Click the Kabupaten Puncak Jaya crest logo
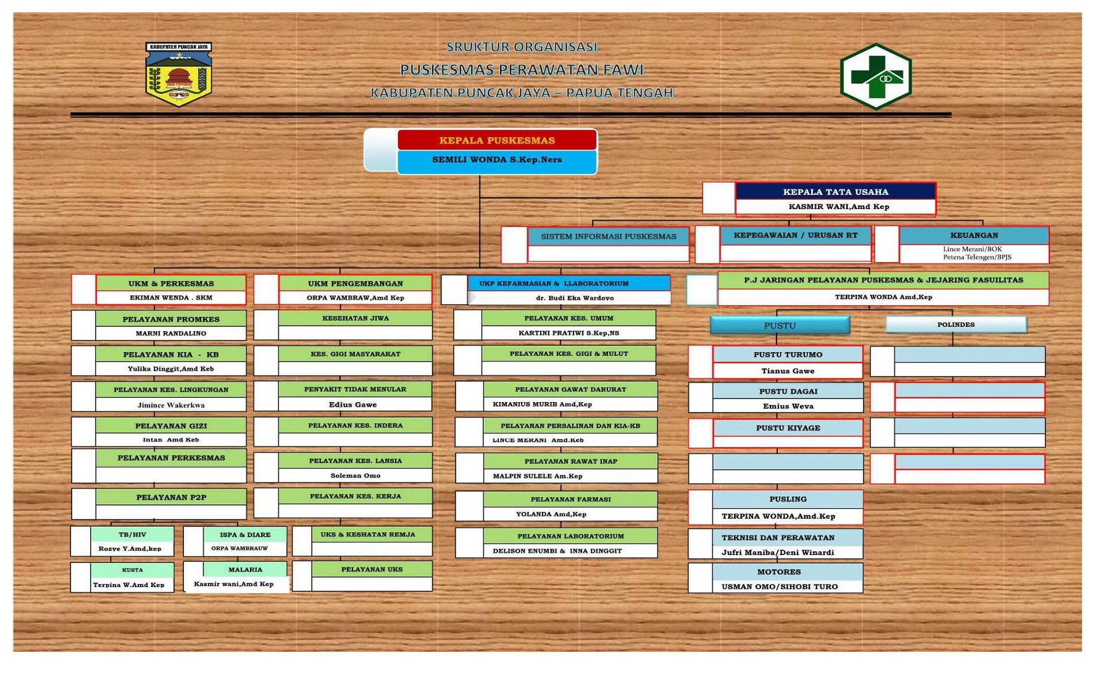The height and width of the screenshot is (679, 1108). (x=178, y=75)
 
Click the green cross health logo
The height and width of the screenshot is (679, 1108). (x=875, y=76)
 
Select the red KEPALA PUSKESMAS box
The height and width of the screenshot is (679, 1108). (x=497, y=141)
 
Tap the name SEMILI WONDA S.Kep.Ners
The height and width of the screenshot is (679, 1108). (x=497, y=160)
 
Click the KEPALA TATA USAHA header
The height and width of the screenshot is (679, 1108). (x=835, y=192)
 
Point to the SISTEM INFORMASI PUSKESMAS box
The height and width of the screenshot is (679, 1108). (x=608, y=236)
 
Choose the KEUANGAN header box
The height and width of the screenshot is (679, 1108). (x=973, y=236)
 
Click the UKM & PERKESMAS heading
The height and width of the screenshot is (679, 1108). (x=171, y=284)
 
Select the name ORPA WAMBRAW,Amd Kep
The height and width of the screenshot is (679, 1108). (x=355, y=298)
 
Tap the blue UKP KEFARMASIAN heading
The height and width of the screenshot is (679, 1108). (x=554, y=284)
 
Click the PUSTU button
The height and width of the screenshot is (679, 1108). (x=780, y=325)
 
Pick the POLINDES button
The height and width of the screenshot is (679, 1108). (x=956, y=325)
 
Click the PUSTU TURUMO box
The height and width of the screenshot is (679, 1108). (x=788, y=355)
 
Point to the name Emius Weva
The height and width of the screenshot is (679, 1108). (x=788, y=406)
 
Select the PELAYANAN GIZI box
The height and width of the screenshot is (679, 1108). (x=171, y=426)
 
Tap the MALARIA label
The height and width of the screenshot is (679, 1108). (x=245, y=570)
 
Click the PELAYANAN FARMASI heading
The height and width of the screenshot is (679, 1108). (x=570, y=499)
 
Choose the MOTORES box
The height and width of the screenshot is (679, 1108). (x=778, y=572)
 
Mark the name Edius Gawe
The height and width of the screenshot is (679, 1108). (x=353, y=405)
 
